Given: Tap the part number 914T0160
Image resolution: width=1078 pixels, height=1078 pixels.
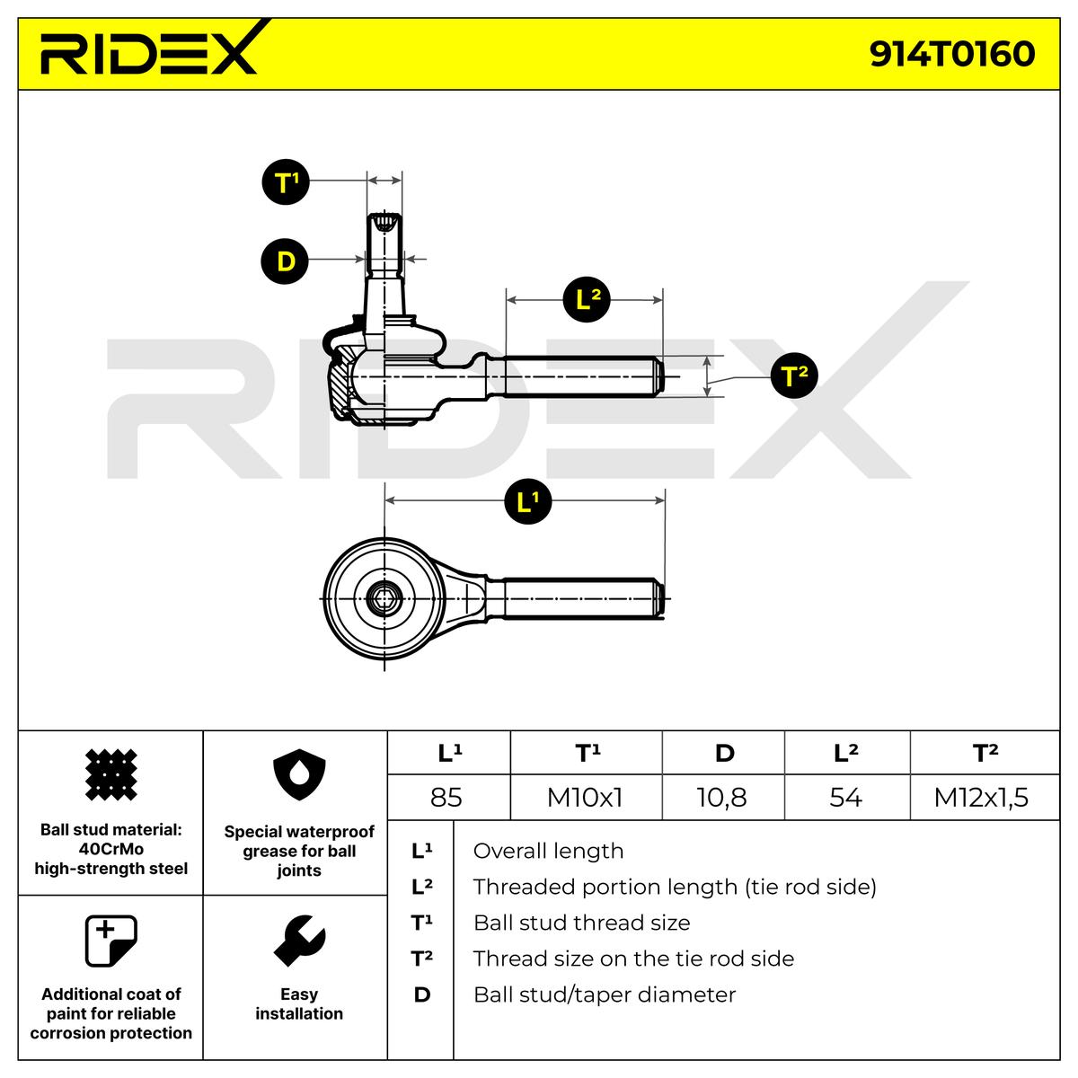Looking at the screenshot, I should click(x=952, y=54).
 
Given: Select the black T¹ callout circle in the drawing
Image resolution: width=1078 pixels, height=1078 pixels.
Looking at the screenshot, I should click(x=286, y=182).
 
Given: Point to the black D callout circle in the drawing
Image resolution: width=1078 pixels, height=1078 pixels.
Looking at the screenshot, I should click(x=286, y=261).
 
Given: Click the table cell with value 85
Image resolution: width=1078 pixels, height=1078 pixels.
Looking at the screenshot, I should click(x=446, y=797).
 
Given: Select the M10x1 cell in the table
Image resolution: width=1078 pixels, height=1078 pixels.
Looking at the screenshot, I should click(x=585, y=797).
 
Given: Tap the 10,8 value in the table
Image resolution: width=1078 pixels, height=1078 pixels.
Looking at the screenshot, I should click(x=722, y=797).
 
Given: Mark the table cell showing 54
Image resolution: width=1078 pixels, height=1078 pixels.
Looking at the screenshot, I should click(x=845, y=797).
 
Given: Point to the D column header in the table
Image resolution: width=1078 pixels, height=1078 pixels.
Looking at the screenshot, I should click(x=724, y=753).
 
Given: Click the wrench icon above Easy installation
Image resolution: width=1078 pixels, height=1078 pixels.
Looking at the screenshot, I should click(x=299, y=941).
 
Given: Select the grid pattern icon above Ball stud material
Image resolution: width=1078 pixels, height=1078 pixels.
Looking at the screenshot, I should click(x=110, y=775).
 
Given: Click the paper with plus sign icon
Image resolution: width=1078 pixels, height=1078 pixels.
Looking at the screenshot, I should click(x=110, y=941).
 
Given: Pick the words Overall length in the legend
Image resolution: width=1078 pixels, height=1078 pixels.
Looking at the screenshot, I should click(x=548, y=851).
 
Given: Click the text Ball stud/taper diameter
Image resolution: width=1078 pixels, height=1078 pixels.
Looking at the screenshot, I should click(x=605, y=994).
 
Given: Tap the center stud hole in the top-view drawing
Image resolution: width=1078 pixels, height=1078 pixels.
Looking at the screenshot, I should click(x=384, y=595).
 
